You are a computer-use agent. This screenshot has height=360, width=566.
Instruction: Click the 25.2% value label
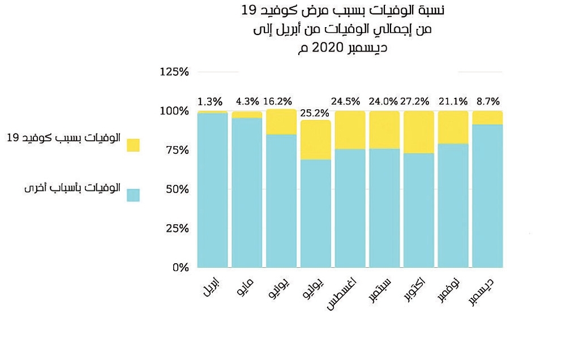(x=314, y=112)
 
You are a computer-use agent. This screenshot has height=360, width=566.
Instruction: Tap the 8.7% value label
(x=488, y=102)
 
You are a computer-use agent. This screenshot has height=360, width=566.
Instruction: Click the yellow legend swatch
(x=133, y=145)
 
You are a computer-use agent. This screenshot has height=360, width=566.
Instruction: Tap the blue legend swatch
(x=133, y=195)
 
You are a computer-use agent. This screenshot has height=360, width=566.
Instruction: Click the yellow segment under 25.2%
(x=315, y=140)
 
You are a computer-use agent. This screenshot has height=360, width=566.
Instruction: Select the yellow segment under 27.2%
(x=419, y=132)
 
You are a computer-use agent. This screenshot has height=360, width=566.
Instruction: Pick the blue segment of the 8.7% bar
(x=487, y=195)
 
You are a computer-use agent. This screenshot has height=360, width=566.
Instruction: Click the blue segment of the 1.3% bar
(x=212, y=190)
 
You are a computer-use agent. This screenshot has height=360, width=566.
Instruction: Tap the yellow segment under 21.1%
(x=453, y=127)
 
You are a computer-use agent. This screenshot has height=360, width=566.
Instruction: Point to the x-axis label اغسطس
(x=345, y=294)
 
